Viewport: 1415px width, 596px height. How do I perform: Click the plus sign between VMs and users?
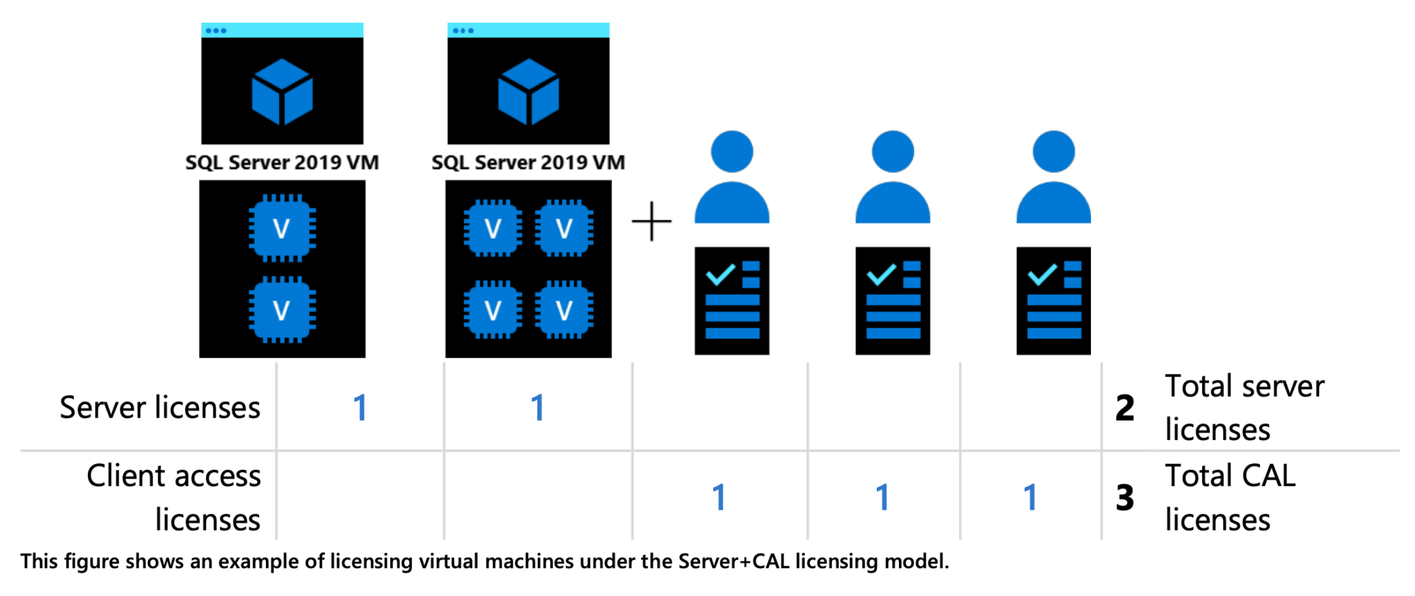[651, 222]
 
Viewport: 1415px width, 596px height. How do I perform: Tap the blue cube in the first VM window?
[282, 92]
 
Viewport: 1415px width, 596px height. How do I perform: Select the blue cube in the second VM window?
[528, 92]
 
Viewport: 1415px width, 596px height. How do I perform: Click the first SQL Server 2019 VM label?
[282, 162]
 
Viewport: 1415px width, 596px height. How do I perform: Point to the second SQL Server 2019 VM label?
[528, 162]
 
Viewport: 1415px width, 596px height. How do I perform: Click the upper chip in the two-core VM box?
[282, 228]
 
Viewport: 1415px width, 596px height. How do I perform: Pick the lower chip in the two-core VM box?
[282, 310]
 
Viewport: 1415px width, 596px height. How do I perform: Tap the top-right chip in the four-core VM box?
[564, 228]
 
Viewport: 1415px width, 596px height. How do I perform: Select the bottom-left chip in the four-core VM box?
[493, 310]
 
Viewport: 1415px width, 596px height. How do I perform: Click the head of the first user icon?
[732, 151]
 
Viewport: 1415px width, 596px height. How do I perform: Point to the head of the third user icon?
[1053, 151]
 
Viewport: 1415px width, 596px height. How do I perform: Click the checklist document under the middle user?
[893, 301]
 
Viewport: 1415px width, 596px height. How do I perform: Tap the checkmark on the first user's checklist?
[720, 274]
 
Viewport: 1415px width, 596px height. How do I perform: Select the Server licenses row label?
[160, 407]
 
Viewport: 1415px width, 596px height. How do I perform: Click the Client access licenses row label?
[174, 497]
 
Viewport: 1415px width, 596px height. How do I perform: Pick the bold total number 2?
[1125, 408]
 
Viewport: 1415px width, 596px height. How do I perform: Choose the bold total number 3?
[1125, 498]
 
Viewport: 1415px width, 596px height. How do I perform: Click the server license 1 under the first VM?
[360, 407]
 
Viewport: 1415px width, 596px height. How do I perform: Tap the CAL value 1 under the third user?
[1030, 497]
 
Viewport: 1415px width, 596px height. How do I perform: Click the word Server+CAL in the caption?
[734, 561]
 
